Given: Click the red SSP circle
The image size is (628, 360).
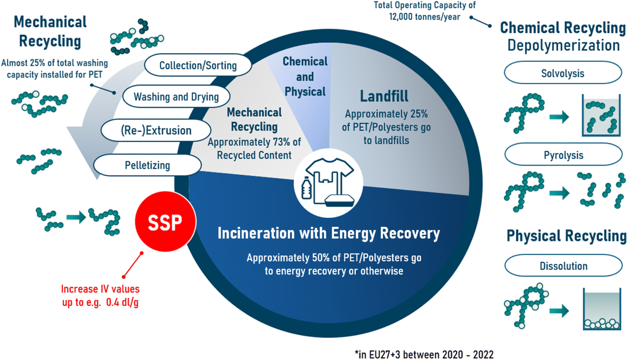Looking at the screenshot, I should tap(165, 222).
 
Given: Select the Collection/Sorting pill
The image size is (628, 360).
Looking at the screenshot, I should tap(198, 65).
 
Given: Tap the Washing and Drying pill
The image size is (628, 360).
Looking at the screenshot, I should tap(176, 97).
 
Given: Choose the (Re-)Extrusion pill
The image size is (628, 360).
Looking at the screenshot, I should tap(156, 130).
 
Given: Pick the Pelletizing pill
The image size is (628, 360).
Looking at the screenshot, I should tap(147, 165).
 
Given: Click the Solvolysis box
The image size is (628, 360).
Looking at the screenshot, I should tap(563, 73).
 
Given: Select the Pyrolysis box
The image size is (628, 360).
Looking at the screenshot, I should tap(563, 155).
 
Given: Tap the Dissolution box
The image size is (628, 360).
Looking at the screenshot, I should tap(563, 265).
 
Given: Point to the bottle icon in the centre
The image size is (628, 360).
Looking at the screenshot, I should tap(306, 188).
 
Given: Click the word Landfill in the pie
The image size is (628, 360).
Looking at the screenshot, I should tap(384, 96).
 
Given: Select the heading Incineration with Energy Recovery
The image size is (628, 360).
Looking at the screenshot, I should tap(328, 233).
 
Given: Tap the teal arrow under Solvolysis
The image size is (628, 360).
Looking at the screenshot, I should tap(559, 117).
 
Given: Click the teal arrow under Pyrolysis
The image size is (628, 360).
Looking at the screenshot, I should tap(559, 193).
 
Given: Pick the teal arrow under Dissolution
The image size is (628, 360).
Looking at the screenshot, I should tap(559, 311).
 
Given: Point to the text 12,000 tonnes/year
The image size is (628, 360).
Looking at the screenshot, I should tap(424, 17).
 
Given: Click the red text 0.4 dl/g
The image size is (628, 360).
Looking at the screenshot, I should tap(122, 302).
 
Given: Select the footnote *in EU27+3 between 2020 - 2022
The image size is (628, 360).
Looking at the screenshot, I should tap(424, 355).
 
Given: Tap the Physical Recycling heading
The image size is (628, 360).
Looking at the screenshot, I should tap(566, 236).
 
